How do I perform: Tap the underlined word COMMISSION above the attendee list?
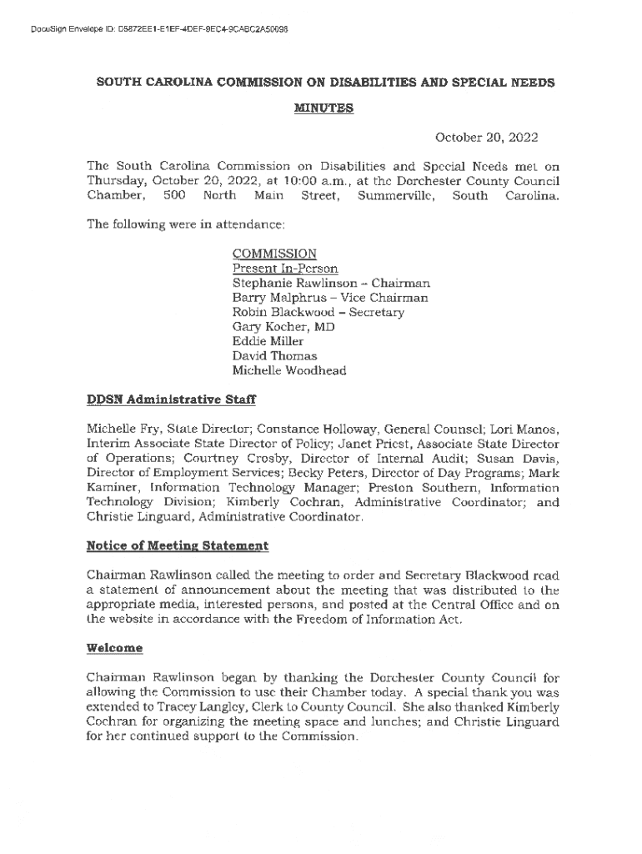274,254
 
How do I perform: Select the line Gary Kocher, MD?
283,327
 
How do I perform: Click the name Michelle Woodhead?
288,371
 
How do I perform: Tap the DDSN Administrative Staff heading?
171,399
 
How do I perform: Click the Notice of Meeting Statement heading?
178,546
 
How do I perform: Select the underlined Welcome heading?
114,648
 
